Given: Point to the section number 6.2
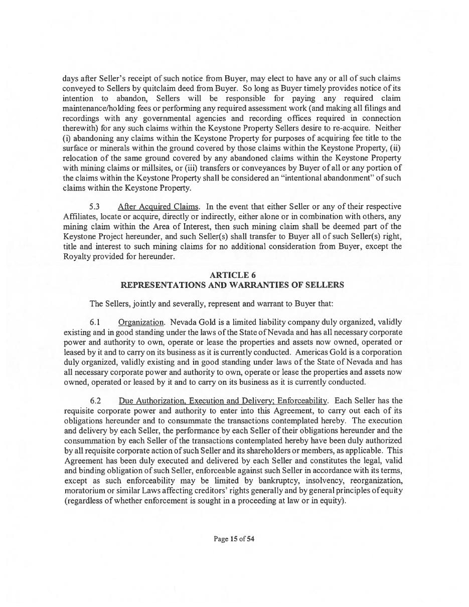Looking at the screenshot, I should point(95,401).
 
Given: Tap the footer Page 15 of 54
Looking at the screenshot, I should point(234,539).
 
